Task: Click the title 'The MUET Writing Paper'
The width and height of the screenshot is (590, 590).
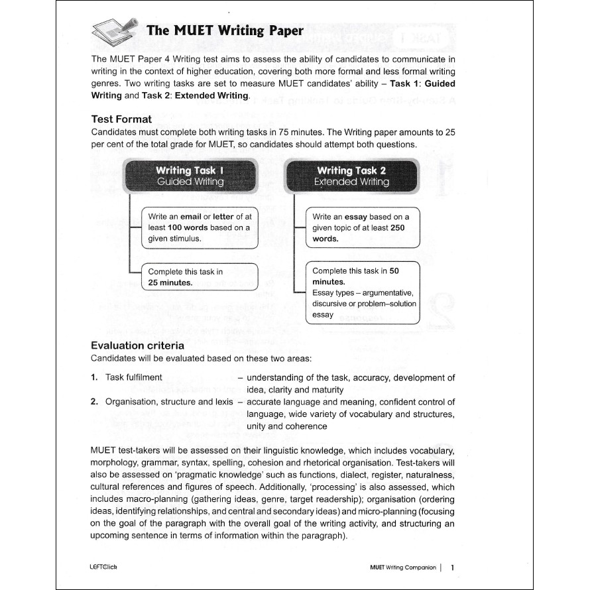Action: [x=225, y=30]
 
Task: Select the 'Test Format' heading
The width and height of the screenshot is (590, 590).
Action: [x=121, y=119]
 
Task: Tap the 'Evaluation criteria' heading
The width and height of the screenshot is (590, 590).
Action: [x=137, y=345]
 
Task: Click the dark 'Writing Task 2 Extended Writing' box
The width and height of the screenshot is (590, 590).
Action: [x=351, y=176]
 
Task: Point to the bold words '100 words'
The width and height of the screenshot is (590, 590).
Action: [x=187, y=227]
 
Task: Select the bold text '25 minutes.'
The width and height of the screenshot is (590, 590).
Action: [x=170, y=282]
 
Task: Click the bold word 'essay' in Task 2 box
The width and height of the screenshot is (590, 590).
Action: [x=356, y=216]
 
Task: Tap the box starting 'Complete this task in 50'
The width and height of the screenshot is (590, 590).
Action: [x=363, y=292]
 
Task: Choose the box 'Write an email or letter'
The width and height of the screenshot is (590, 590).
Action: [x=200, y=227]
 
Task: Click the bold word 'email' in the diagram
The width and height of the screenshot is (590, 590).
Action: [x=191, y=216]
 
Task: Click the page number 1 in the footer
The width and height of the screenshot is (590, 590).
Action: [x=452, y=567]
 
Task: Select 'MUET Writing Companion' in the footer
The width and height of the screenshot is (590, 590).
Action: [x=403, y=567]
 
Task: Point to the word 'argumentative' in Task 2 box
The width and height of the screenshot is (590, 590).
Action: [x=388, y=292]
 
